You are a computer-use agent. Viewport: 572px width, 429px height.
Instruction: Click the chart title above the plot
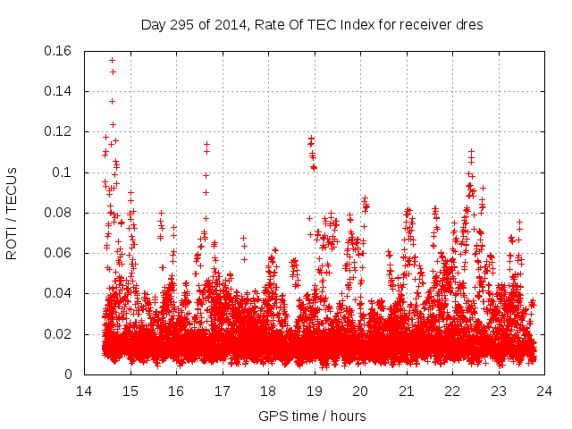pyautogui.click(x=312, y=25)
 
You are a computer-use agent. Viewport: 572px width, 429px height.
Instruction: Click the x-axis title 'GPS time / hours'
pyautogui.click(x=312, y=416)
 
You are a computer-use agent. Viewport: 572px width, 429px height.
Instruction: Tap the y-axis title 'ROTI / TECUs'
pyautogui.click(x=12, y=213)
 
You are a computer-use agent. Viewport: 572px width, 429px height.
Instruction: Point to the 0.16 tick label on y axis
pyautogui.click(x=61, y=51)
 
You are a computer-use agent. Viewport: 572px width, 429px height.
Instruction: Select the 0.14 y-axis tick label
pyautogui.click(x=61, y=91)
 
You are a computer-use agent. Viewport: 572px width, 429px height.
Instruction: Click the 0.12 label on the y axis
pyautogui.click(x=61, y=131)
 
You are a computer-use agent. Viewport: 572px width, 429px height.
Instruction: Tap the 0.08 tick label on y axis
pyautogui.click(x=61, y=213)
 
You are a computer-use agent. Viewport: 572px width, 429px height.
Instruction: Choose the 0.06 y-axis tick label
pyautogui.click(x=61, y=253)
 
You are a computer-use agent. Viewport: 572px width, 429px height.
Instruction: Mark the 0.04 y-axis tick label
pyautogui.click(x=61, y=293)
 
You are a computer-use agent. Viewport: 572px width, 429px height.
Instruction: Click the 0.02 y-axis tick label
pyautogui.click(x=61, y=334)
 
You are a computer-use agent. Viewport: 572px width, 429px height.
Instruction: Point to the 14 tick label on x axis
pyautogui.click(x=84, y=391)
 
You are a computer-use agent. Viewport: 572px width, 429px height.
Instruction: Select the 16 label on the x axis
pyautogui.click(x=176, y=391)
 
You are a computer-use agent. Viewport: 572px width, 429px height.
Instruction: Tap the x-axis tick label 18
pyautogui.click(x=268, y=391)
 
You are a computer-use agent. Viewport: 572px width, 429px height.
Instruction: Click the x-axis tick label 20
pyautogui.click(x=360, y=391)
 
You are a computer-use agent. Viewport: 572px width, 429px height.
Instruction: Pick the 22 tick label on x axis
pyautogui.click(x=452, y=391)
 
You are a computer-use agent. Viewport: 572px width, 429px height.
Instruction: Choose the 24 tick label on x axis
pyautogui.click(x=544, y=391)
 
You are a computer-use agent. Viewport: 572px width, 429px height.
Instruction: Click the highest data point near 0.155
pyautogui.click(x=112, y=61)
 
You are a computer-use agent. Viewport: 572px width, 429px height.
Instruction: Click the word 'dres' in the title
pyautogui.click(x=468, y=25)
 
